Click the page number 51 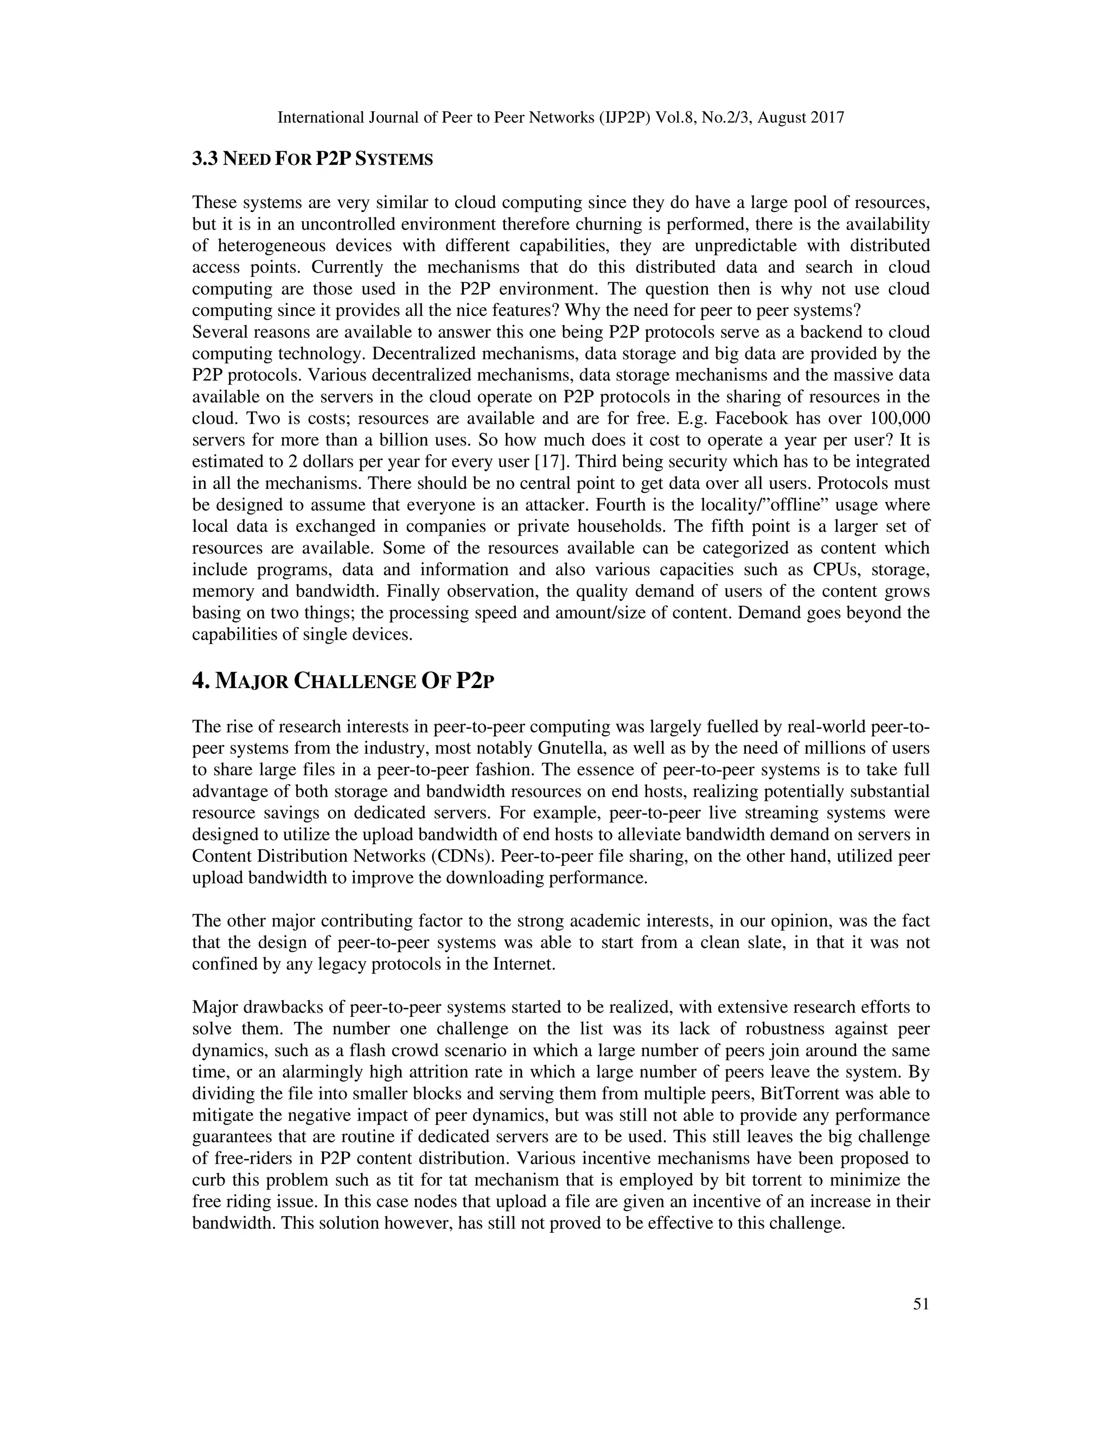[x=921, y=1303]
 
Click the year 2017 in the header [x=828, y=118]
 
